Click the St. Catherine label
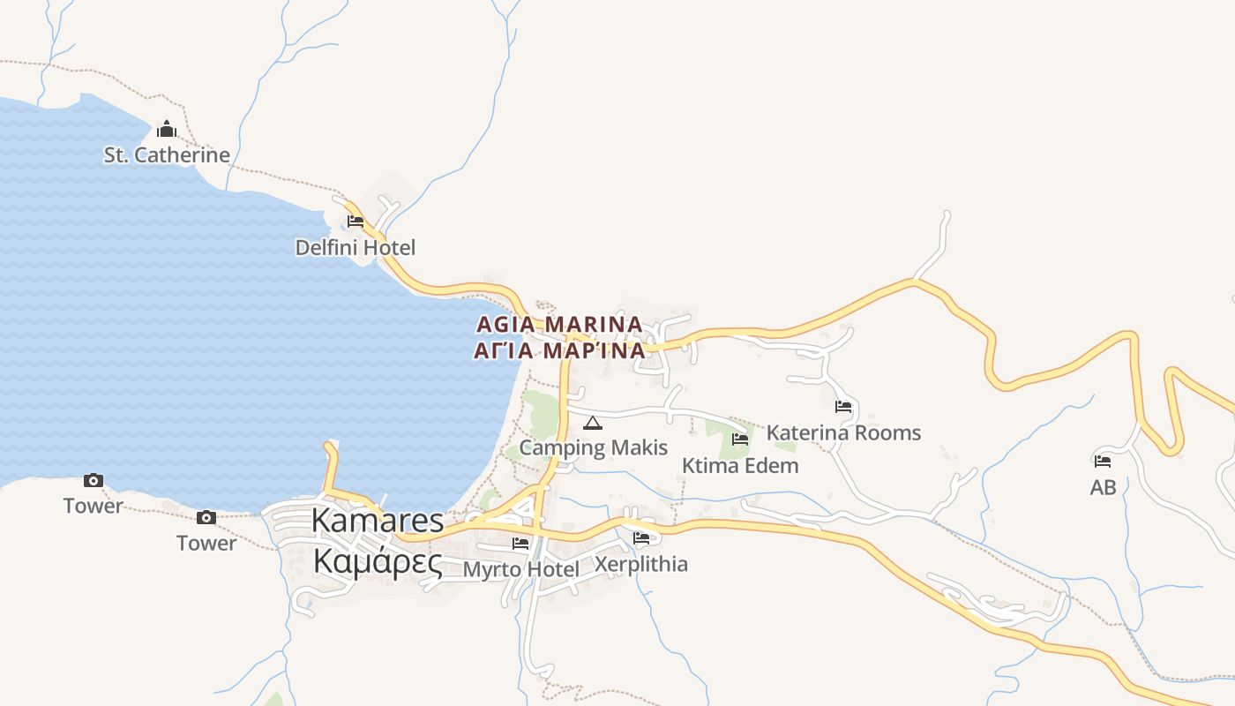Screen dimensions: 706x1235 (x=167, y=155)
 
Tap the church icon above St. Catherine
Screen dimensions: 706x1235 (x=167, y=131)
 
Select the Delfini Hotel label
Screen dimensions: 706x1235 (x=355, y=247)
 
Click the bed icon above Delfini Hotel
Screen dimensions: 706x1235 (x=356, y=221)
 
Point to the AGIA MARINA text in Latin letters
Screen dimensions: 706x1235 (x=559, y=324)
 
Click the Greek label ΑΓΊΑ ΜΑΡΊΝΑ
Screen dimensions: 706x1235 (x=559, y=351)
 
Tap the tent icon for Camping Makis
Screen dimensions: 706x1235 (x=593, y=423)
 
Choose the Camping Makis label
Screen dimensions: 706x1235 (x=593, y=447)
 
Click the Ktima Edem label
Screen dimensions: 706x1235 (x=740, y=466)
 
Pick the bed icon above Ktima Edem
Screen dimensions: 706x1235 (x=740, y=439)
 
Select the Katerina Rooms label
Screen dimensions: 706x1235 (x=843, y=433)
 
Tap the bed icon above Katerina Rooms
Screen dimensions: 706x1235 (x=843, y=407)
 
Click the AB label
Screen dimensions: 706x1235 (x=1103, y=487)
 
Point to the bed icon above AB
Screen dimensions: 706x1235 (x=1103, y=461)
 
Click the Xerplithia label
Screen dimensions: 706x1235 (x=641, y=564)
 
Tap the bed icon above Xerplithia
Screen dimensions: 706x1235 (x=641, y=537)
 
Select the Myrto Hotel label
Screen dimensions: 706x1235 (x=521, y=570)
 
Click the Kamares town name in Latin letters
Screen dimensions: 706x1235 (x=377, y=521)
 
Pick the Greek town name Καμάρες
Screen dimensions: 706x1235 (x=377, y=561)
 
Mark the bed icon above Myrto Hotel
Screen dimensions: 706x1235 (x=521, y=544)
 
